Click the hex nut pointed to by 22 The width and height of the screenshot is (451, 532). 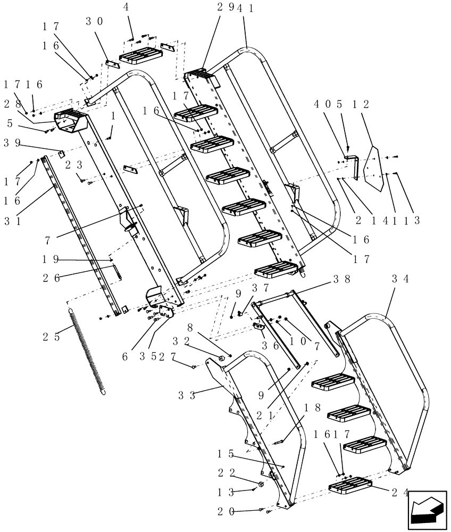262,484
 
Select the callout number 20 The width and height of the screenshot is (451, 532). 225,512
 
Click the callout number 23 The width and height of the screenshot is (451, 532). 73,165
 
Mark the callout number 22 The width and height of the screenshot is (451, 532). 225,472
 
